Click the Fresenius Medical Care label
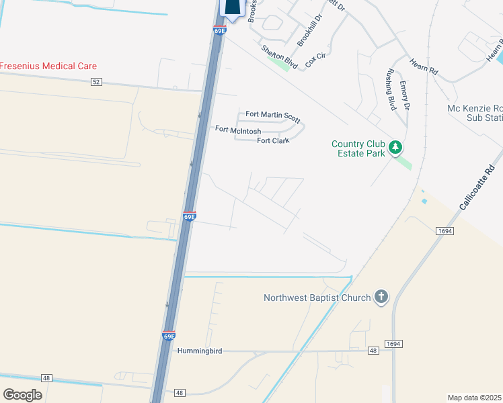[48, 66]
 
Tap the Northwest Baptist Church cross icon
[381, 297]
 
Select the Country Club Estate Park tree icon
[396, 146]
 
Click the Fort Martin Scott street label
[272, 116]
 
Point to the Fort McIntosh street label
[238, 129]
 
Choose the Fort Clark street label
[273, 140]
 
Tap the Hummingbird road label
[199, 351]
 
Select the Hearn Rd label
[424, 65]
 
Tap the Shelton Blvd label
[278, 54]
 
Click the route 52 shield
[97, 82]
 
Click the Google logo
[23, 394]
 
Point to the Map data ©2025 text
[475, 398]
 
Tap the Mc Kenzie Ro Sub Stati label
[475, 113]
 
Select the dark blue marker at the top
[231, 8]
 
